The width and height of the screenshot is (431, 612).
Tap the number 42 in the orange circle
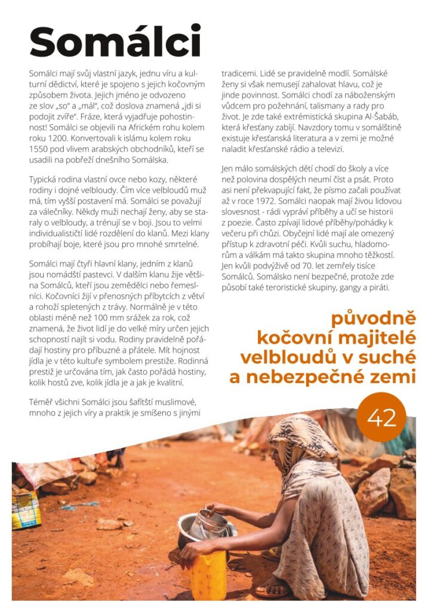pos(382,418)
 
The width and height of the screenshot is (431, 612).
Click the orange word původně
pos(374,319)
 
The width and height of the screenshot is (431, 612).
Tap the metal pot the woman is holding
pos(206,526)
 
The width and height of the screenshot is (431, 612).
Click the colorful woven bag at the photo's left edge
pos(26,509)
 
